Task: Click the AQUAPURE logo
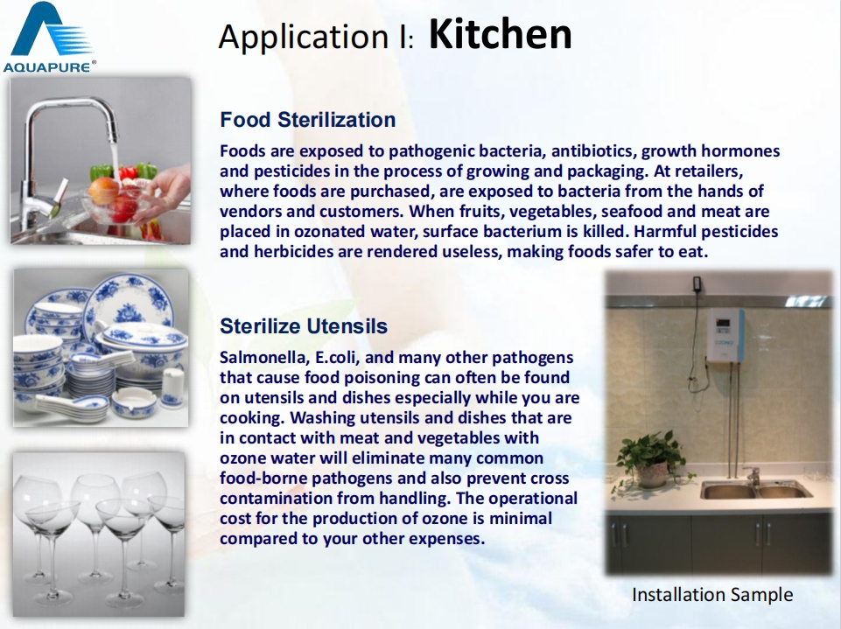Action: [49, 37]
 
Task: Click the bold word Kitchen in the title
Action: [501, 34]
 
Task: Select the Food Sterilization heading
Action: [308, 120]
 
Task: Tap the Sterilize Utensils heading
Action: [304, 326]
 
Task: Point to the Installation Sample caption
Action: [712, 594]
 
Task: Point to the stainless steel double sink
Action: [755, 489]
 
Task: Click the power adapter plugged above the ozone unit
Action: [697, 284]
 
